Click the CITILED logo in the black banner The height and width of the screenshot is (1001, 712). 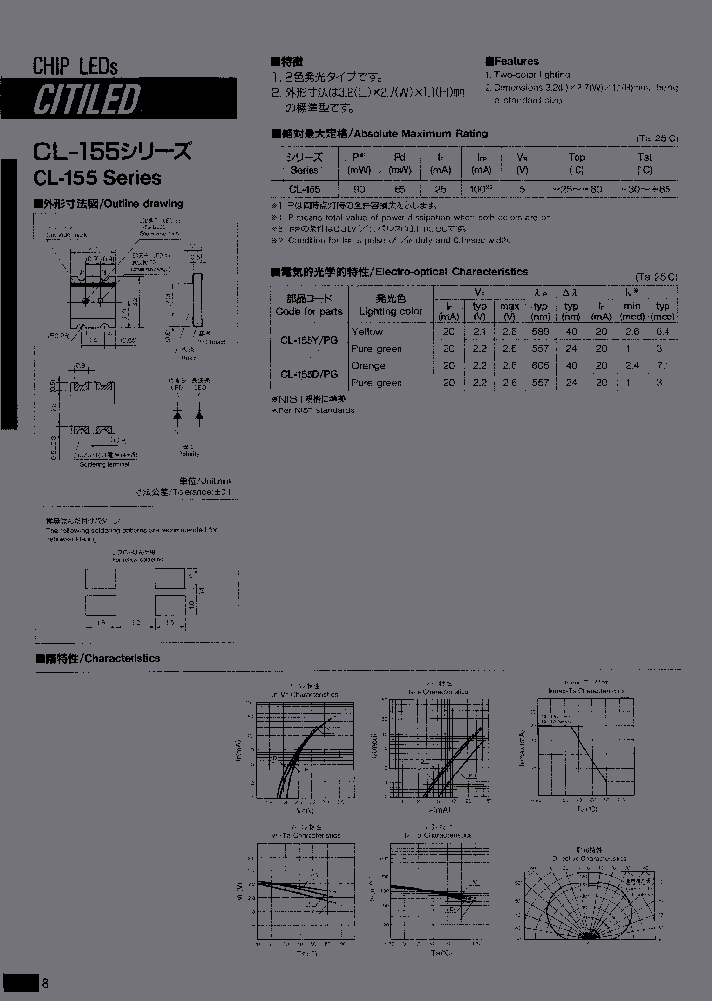(x=87, y=99)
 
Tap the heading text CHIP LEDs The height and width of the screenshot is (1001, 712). (x=75, y=66)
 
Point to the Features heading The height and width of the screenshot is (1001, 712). (x=516, y=61)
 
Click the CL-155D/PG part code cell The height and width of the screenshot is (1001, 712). (x=309, y=374)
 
